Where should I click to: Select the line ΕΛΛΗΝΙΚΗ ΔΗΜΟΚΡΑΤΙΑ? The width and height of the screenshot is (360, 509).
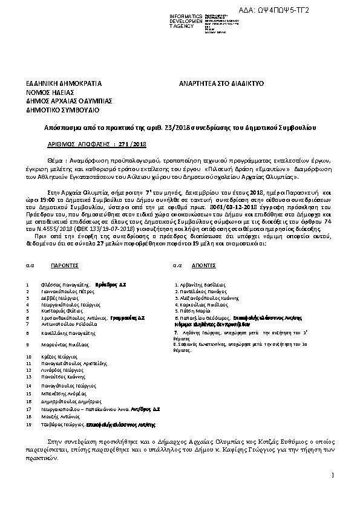pos(63,83)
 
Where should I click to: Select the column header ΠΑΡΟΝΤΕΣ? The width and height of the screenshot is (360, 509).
pos(65,265)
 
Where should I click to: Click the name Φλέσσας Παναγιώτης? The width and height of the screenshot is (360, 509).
pos(67,284)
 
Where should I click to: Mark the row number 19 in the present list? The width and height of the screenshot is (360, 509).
pos(28,424)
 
